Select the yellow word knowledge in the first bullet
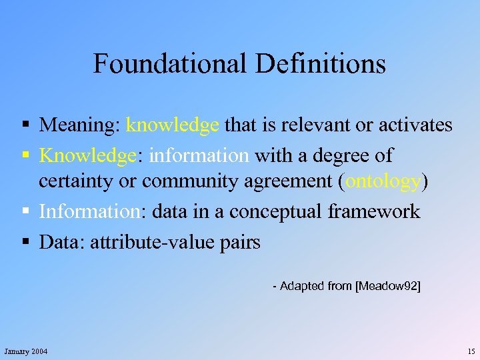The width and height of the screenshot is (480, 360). pos(173,125)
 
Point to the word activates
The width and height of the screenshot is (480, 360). pos(411,125)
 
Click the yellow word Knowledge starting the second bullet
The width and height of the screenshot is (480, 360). pos(87,155)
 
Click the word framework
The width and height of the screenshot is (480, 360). pos(374,212)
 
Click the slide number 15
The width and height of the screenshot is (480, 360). pos(471,351)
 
